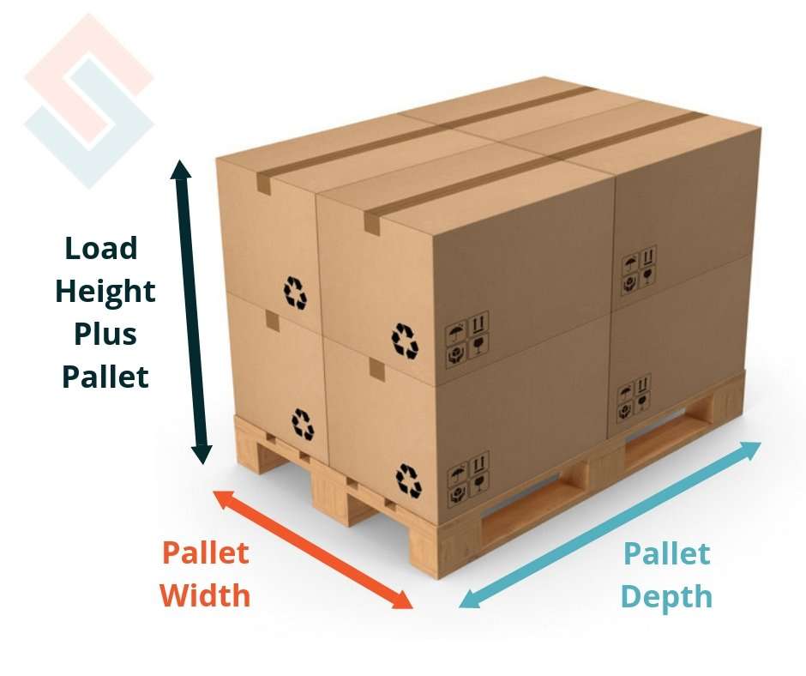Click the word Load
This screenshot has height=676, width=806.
101,249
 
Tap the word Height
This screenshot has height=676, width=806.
105,292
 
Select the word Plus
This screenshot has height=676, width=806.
105,334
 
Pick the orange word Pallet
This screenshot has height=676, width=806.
206,553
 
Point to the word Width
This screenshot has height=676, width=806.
206,595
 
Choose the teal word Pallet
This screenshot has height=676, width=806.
666,554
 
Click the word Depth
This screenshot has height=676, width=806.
666,595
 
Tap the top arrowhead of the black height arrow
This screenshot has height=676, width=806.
181,169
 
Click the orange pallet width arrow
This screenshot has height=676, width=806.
313,549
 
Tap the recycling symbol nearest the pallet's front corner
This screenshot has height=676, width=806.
408,480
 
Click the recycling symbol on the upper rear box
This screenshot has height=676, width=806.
296,293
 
